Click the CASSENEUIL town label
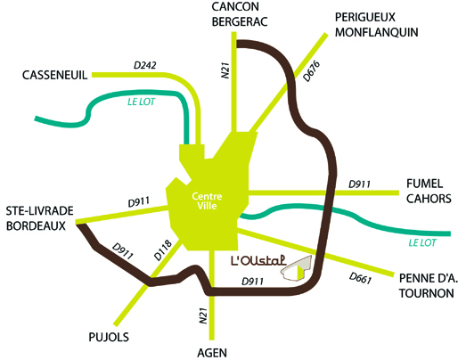[55, 75]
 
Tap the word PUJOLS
[109, 337]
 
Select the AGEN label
[212, 353]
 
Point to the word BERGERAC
[240, 21]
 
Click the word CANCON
[235, 6]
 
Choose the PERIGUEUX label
[365, 17]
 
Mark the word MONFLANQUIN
[377, 32]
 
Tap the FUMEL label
[424, 184]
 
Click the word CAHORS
[429, 199]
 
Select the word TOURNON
[427, 293]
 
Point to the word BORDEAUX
[36, 225]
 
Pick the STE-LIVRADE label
[40, 211]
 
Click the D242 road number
[145, 65]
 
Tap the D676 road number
[312, 71]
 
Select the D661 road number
[360, 278]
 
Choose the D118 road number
[163, 250]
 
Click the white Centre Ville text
[207, 200]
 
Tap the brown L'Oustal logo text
[258, 259]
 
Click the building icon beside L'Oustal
[297, 267]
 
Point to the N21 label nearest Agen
[203, 315]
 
